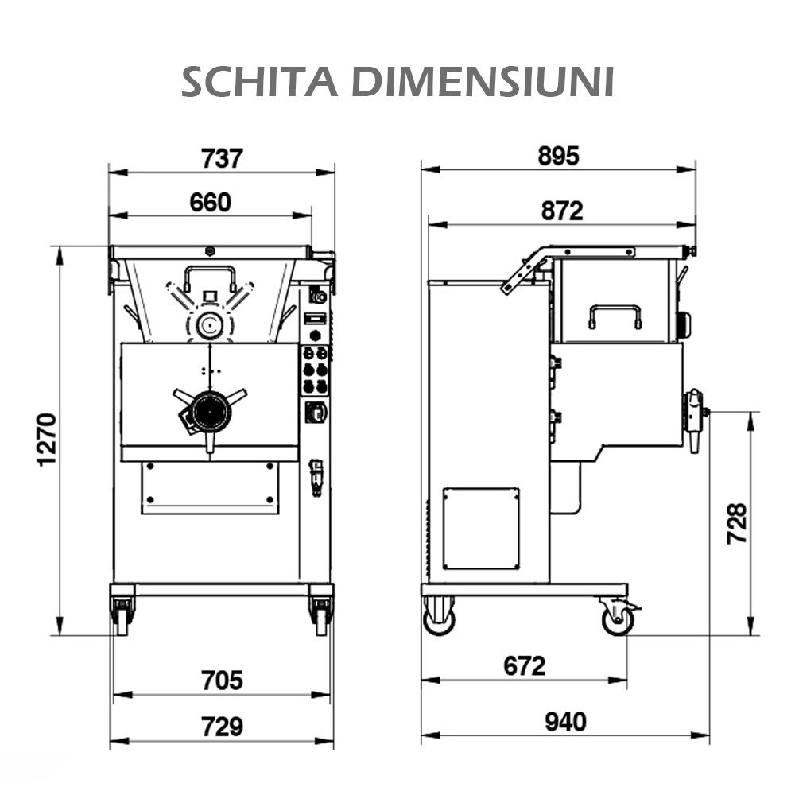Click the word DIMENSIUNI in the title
click(483, 82)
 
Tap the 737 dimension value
click(221, 158)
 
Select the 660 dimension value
click(210, 203)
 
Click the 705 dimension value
click(221, 681)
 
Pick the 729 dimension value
click(221, 726)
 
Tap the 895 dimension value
click(558, 157)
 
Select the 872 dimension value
click(561, 211)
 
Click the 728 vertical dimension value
click(738, 523)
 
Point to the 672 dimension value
click(525, 665)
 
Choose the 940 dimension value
click(565, 722)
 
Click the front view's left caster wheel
click(122, 616)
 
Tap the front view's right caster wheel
click(321, 616)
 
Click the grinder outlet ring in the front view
click(211, 411)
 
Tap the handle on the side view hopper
click(615, 316)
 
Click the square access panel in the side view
click(481, 528)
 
